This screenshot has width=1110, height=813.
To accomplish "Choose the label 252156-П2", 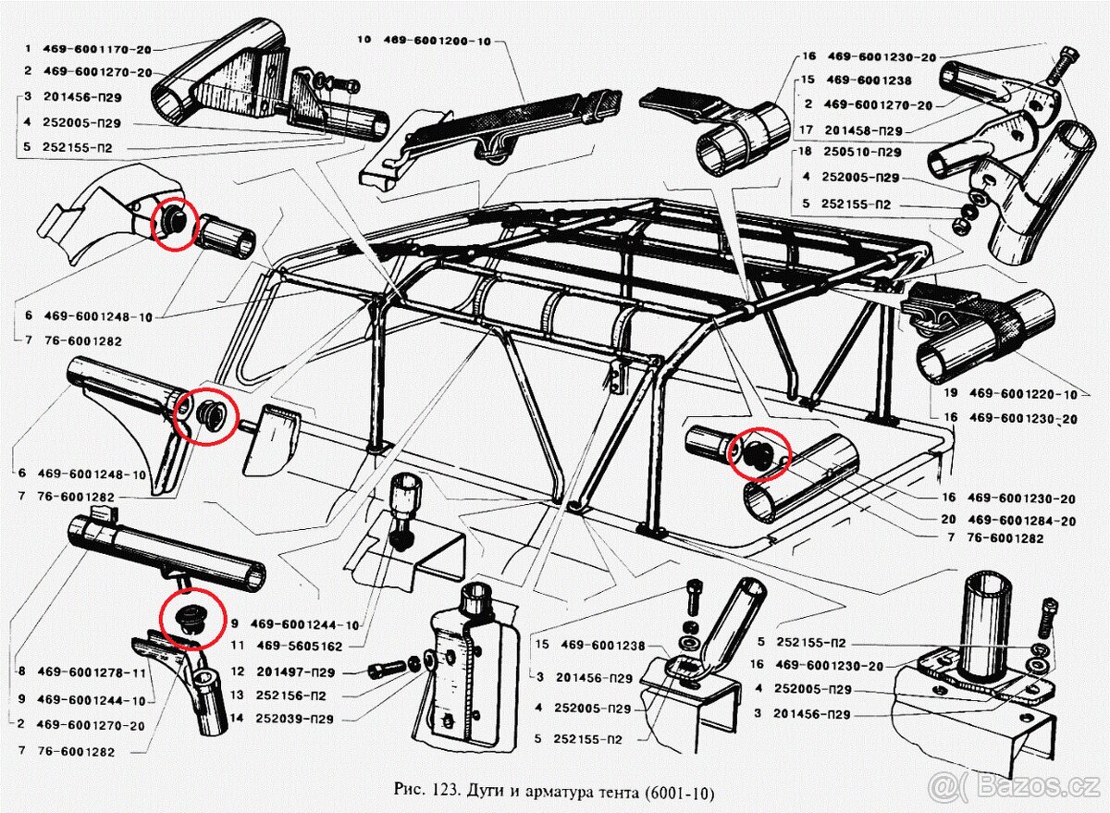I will pyautogui.click(x=290, y=696).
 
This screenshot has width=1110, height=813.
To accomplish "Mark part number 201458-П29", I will pyautogui.click(x=865, y=130).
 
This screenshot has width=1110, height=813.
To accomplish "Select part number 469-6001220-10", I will pyautogui.click(x=1023, y=393).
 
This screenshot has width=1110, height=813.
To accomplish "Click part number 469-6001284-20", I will pyautogui.click(x=1023, y=521).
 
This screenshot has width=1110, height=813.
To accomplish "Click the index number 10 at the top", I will pyautogui.click(x=364, y=40).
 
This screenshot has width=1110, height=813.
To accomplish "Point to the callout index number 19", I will pyautogui.click(x=950, y=393).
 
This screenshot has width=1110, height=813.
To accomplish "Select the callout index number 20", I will pyautogui.click(x=950, y=521).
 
